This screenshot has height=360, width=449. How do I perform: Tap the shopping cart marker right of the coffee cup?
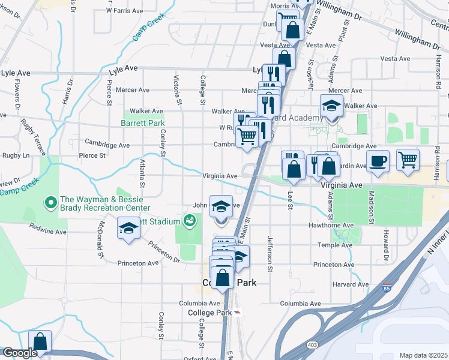[x=408, y=160]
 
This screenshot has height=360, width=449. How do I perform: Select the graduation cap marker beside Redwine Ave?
[x=128, y=229]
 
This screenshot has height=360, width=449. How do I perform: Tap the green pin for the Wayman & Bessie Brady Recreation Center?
[x=51, y=201]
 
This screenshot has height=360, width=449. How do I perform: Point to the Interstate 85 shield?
[x=384, y=289]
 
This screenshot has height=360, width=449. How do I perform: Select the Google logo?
[x=19, y=353]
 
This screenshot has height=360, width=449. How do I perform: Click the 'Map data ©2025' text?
[x=424, y=355]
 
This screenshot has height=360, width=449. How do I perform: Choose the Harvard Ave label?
[x=350, y=284]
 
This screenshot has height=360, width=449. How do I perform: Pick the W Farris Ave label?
[x=124, y=11]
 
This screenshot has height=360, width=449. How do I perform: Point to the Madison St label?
[x=372, y=208]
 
